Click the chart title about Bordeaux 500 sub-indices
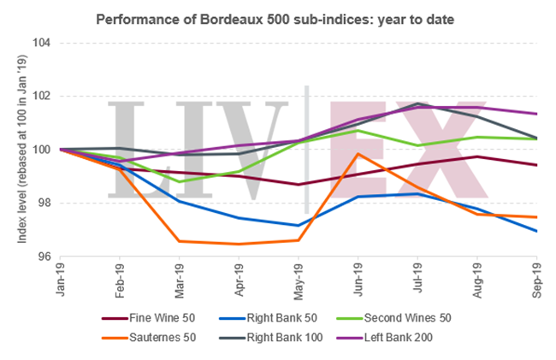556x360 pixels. [x=276, y=17]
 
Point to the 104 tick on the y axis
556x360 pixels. [x=41, y=43]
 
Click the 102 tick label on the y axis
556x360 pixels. [x=41, y=96]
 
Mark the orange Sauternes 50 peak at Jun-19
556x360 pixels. [x=358, y=154]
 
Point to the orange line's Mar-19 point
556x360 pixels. [x=179, y=241]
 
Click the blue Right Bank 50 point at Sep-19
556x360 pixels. [x=536, y=231]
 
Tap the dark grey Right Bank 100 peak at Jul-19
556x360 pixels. [x=417, y=103]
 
